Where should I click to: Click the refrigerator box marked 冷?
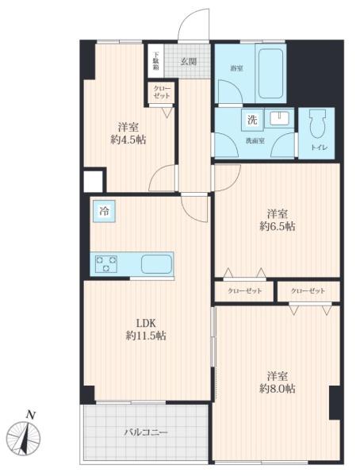104,211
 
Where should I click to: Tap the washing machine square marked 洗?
252,120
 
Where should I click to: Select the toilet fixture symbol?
317,124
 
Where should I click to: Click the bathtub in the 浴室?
270,73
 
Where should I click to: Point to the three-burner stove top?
106,263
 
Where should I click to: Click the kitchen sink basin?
157,264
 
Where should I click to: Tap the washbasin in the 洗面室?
279,117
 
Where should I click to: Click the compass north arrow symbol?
24,437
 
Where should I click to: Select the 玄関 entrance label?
189,62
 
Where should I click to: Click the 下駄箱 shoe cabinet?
155,61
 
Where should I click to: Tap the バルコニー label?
146,432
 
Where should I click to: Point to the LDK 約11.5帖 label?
146,329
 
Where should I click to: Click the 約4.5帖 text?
128,140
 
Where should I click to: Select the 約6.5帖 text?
277,226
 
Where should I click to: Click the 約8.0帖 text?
277,389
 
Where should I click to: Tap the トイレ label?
319,148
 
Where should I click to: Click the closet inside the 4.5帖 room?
161,92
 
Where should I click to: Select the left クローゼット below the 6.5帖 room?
244,291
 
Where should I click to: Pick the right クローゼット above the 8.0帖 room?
308,291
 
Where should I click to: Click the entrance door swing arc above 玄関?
186,17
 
